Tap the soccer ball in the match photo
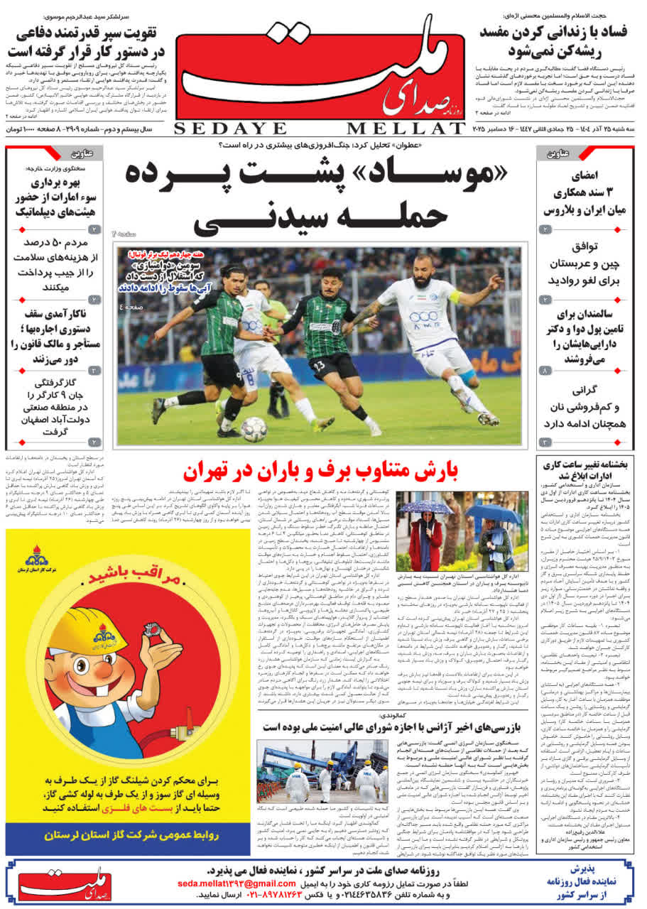(x=254, y=428)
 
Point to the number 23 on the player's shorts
(x=317, y=365)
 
